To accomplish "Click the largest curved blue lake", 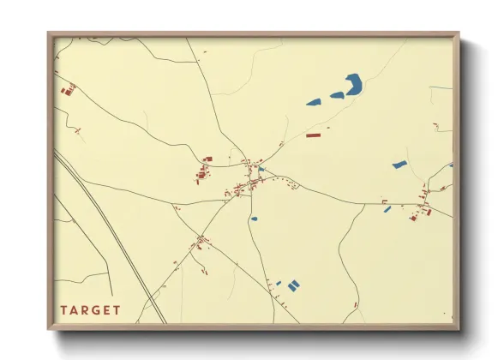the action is [x=353, y=84].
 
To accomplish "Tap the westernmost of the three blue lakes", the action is [x=314, y=103].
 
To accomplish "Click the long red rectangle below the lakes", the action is [x=313, y=135].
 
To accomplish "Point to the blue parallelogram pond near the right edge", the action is [x=399, y=164].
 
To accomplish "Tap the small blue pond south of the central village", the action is [x=254, y=219].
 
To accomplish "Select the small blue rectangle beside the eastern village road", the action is [x=387, y=208].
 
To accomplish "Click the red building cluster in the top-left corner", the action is [x=68, y=88].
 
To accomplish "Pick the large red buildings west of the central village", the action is [x=205, y=172].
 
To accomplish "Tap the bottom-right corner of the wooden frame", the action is [x=458, y=329].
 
